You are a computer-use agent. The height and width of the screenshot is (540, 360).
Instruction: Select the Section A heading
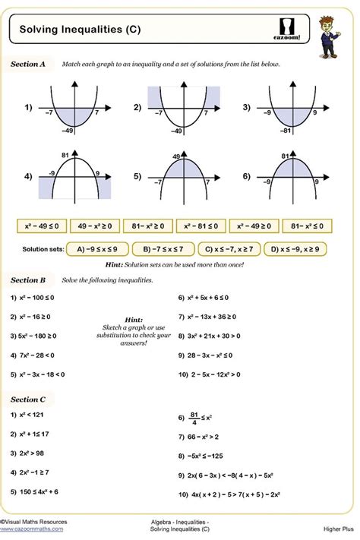(28, 65)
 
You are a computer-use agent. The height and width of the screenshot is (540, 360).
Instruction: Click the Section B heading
(28, 280)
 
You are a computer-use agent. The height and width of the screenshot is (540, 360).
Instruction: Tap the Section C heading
(28, 399)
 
